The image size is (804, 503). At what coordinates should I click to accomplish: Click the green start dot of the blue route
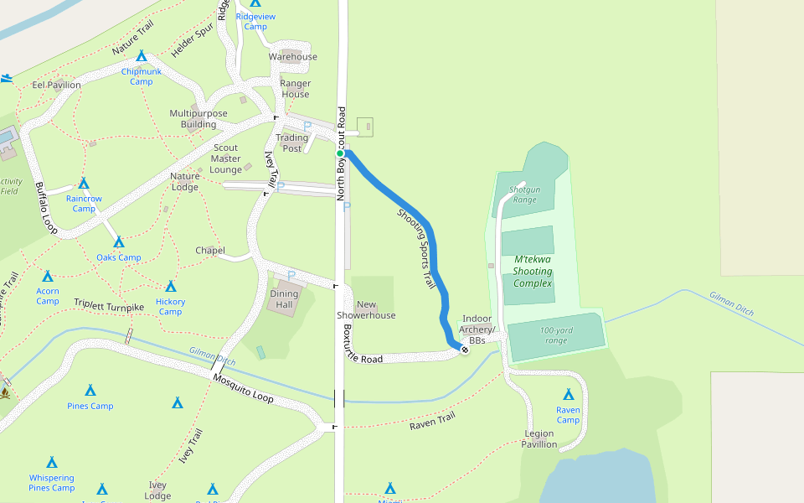pyautogui.click(x=340, y=153)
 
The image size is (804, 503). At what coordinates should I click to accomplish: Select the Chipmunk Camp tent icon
pyautogui.click(x=142, y=56)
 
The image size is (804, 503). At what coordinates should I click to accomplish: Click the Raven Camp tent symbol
pyautogui.click(x=569, y=394)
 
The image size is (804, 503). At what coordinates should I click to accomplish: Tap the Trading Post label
pyautogui.click(x=292, y=143)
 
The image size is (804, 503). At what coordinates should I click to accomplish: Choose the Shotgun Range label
pyautogui.click(x=523, y=194)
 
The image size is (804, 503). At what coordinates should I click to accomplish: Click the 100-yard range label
pyautogui.click(x=556, y=335)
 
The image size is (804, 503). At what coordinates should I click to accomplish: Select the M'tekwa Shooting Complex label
pyautogui.click(x=533, y=271)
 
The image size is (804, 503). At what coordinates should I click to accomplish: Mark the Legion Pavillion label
pyautogui.click(x=539, y=439)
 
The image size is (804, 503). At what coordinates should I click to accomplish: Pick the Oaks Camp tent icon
pyautogui.click(x=119, y=242)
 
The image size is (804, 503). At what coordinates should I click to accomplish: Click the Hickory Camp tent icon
pyautogui.click(x=171, y=287)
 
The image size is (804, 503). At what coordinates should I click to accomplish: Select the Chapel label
pyautogui.click(x=210, y=251)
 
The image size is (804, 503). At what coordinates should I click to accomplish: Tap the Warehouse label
pyautogui.click(x=293, y=57)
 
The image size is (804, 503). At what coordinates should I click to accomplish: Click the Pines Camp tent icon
pyautogui.click(x=90, y=391)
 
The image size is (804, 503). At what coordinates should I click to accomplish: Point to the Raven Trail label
pyautogui.click(x=432, y=422)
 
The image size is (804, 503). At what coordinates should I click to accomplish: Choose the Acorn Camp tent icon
pyautogui.click(x=48, y=277)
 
